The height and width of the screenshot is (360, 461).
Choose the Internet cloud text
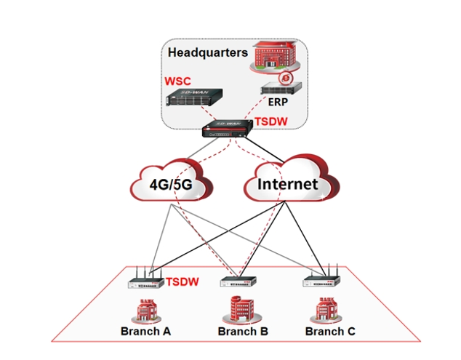[x=288, y=184]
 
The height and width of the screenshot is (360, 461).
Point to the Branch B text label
[x=243, y=332]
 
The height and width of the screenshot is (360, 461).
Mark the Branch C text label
[x=330, y=332]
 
